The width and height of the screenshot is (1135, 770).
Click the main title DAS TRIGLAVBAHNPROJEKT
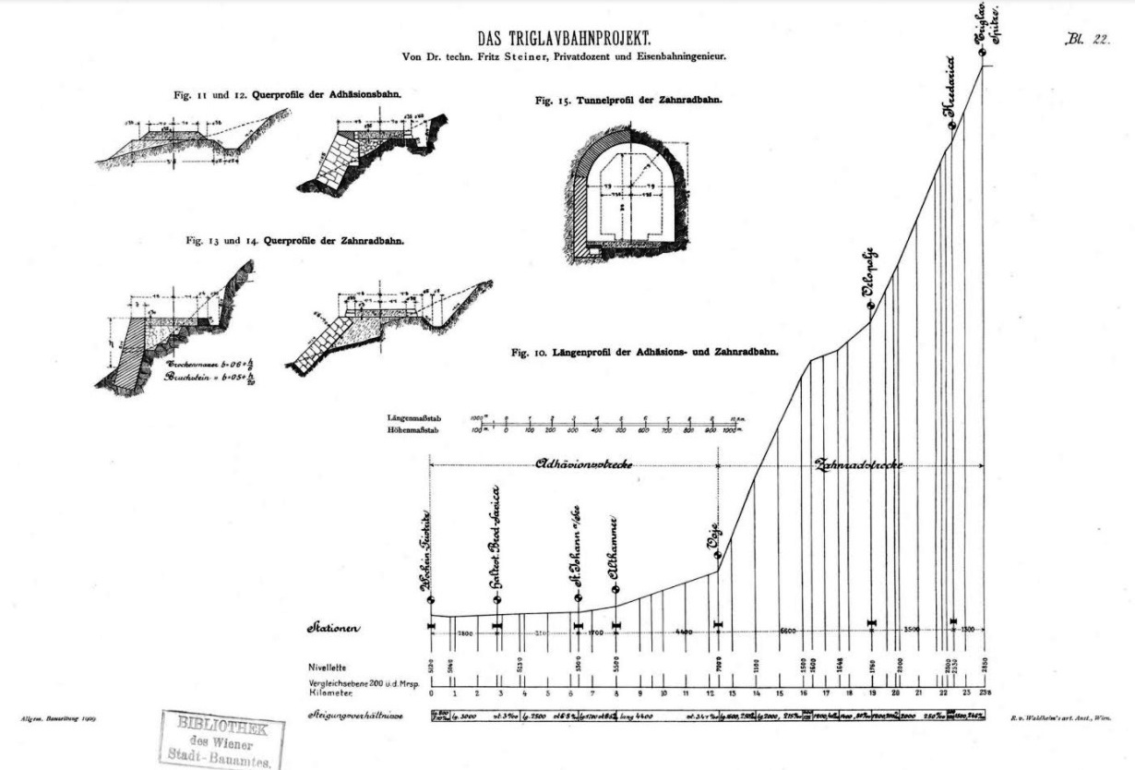pos(565,39)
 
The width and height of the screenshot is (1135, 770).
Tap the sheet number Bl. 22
pos(1086,40)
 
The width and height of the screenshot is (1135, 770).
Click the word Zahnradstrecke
pos(858,464)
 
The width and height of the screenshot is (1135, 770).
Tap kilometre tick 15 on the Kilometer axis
pos(779,692)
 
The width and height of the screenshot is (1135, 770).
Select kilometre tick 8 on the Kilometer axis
pos(616,692)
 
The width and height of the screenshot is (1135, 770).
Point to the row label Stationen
pos(334,629)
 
